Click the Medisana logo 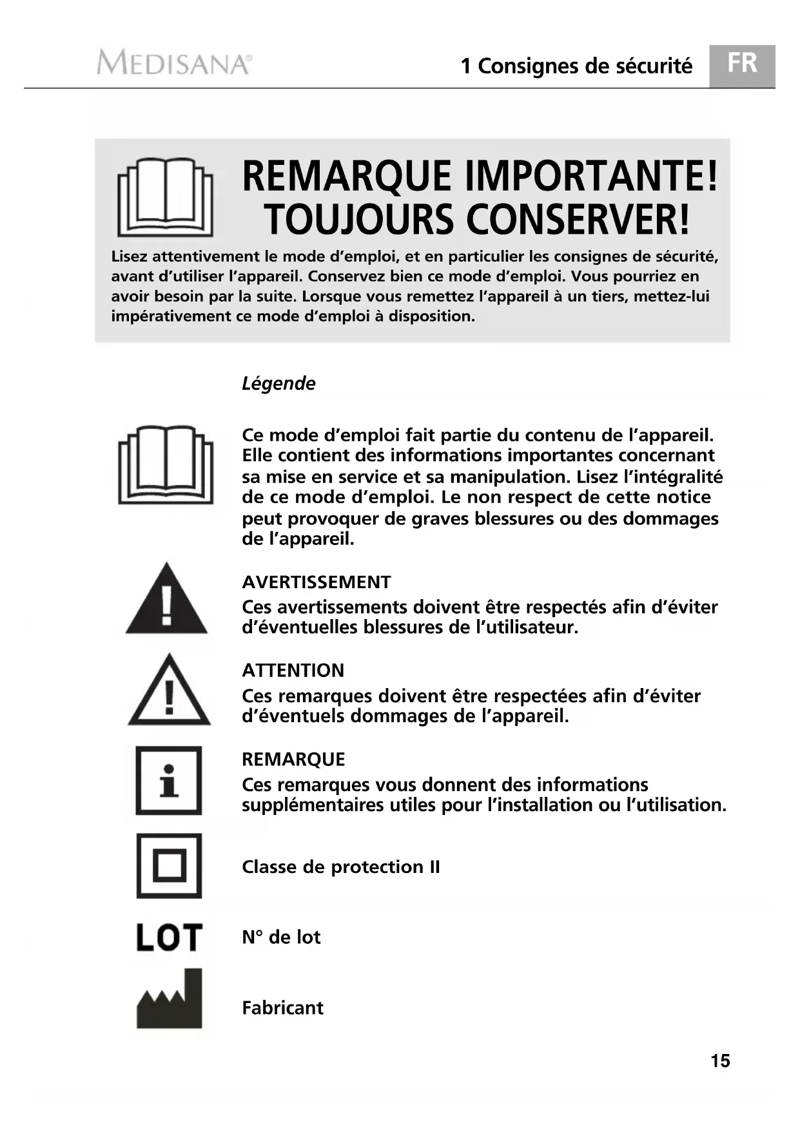[x=174, y=64]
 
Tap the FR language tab [x=742, y=64]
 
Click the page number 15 [x=720, y=1061]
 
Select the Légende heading [x=278, y=383]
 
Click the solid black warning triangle [x=166, y=600]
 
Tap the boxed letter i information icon [x=169, y=780]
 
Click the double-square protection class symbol [x=169, y=866]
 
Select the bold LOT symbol [x=169, y=937]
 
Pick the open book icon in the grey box [x=165, y=196]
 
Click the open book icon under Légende [x=166, y=464]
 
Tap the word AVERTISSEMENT [x=317, y=582]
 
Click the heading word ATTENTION [x=293, y=671]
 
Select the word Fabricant [x=282, y=1008]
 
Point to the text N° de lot [x=281, y=937]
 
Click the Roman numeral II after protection [x=434, y=867]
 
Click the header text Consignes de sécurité [x=585, y=66]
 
